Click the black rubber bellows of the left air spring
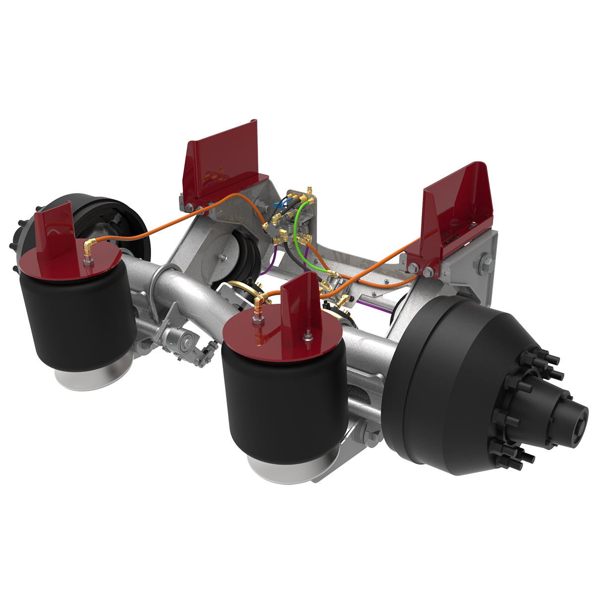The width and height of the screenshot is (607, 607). point(74,317)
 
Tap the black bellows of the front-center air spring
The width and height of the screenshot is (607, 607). point(278,402)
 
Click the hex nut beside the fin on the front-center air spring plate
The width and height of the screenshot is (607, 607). point(306,337)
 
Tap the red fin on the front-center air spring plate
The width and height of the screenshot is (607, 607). point(298,303)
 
